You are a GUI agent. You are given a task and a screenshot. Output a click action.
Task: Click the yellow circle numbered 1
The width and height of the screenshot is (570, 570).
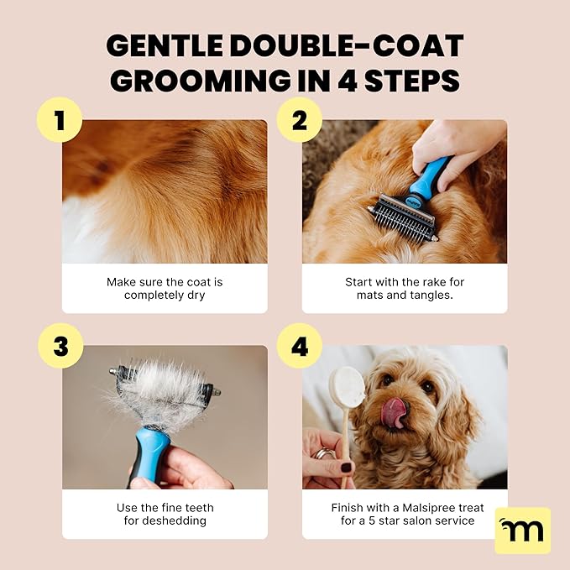pyautogui.click(x=60, y=120)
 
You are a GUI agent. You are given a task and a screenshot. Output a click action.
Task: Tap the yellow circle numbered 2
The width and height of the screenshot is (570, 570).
pyautogui.click(x=299, y=120)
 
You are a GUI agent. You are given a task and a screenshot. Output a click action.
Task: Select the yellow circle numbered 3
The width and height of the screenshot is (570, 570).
pyautogui.click(x=60, y=345)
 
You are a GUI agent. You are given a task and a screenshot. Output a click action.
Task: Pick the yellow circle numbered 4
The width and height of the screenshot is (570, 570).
pyautogui.click(x=299, y=345)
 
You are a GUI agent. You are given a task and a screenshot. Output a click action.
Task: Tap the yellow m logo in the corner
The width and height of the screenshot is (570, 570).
pyautogui.click(x=522, y=530)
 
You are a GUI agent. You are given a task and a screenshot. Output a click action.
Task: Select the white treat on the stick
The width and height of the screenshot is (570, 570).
pyautogui.click(x=348, y=388)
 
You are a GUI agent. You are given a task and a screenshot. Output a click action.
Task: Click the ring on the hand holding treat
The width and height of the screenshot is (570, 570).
pyautogui.click(x=321, y=455)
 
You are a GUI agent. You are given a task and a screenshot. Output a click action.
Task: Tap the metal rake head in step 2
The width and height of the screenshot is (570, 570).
pyautogui.click(x=402, y=217)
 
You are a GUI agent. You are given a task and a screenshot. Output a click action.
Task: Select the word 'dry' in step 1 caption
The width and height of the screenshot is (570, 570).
pyautogui.click(x=194, y=295)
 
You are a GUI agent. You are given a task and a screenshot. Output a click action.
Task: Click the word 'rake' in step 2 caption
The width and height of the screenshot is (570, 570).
pyautogui.click(x=441, y=282)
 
